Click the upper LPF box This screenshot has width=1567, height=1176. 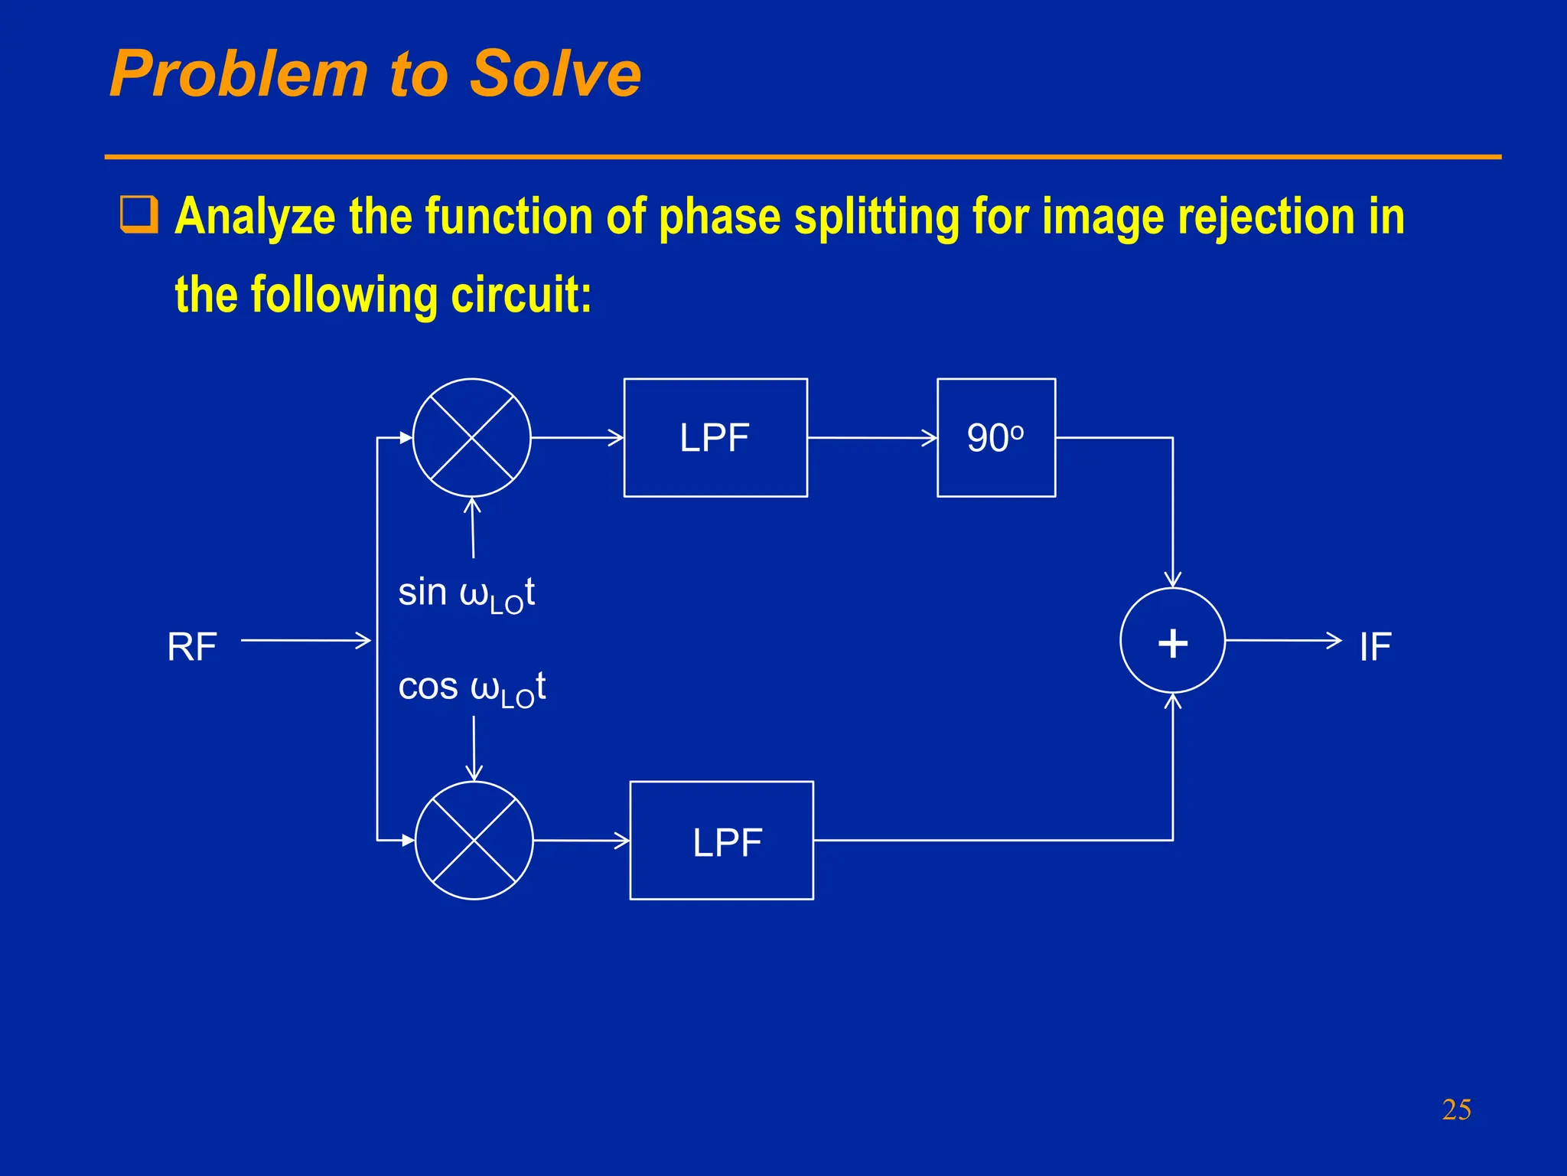point(715,438)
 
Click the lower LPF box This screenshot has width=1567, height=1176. point(722,841)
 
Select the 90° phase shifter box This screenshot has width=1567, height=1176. point(996,438)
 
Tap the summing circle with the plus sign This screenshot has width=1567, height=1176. point(1172,641)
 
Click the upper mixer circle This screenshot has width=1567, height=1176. point(472,438)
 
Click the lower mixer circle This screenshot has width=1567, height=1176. point(474,841)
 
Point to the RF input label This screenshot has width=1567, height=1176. point(192,647)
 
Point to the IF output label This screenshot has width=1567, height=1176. point(1375,647)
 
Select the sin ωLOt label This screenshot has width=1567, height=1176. point(466,594)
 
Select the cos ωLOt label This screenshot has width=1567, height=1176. point(471,688)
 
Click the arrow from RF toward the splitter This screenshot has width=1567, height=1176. point(306,640)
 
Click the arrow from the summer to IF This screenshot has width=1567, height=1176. point(1283,640)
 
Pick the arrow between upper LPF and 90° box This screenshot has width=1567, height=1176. point(872,438)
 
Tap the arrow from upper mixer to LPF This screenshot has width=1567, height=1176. point(578,438)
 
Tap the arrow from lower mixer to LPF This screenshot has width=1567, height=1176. point(582,841)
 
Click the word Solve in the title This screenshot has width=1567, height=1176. point(555,74)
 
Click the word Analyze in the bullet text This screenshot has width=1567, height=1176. point(255,217)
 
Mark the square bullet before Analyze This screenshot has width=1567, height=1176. point(139,214)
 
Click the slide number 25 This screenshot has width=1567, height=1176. point(1456,1109)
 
